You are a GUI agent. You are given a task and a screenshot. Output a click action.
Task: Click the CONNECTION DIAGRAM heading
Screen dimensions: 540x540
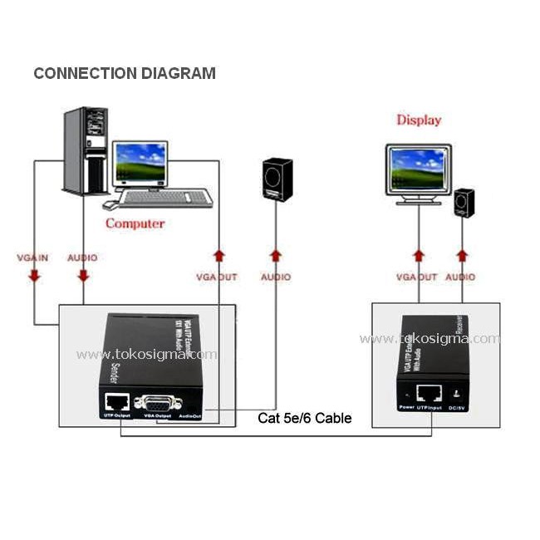click(x=125, y=73)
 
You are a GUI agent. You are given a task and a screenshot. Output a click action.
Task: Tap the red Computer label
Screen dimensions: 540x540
click(x=135, y=223)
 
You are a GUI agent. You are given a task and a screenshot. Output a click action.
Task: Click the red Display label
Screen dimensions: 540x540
click(x=419, y=120)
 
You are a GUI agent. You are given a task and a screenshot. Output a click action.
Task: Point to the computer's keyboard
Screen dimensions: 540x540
click(x=165, y=198)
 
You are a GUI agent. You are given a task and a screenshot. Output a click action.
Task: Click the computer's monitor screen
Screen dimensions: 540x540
click(x=140, y=163)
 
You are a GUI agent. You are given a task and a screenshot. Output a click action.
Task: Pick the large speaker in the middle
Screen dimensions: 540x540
click(x=277, y=179)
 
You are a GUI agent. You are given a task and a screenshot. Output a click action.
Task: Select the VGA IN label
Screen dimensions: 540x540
click(x=34, y=258)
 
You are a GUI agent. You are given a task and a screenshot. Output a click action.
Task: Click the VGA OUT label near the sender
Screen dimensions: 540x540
click(x=217, y=277)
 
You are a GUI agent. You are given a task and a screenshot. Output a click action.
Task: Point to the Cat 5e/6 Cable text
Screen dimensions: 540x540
click(x=304, y=418)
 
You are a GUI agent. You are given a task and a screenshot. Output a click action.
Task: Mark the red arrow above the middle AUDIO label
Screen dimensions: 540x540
click(x=275, y=254)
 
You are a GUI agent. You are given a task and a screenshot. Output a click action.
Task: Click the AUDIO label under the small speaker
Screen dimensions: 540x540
click(x=460, y=277)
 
